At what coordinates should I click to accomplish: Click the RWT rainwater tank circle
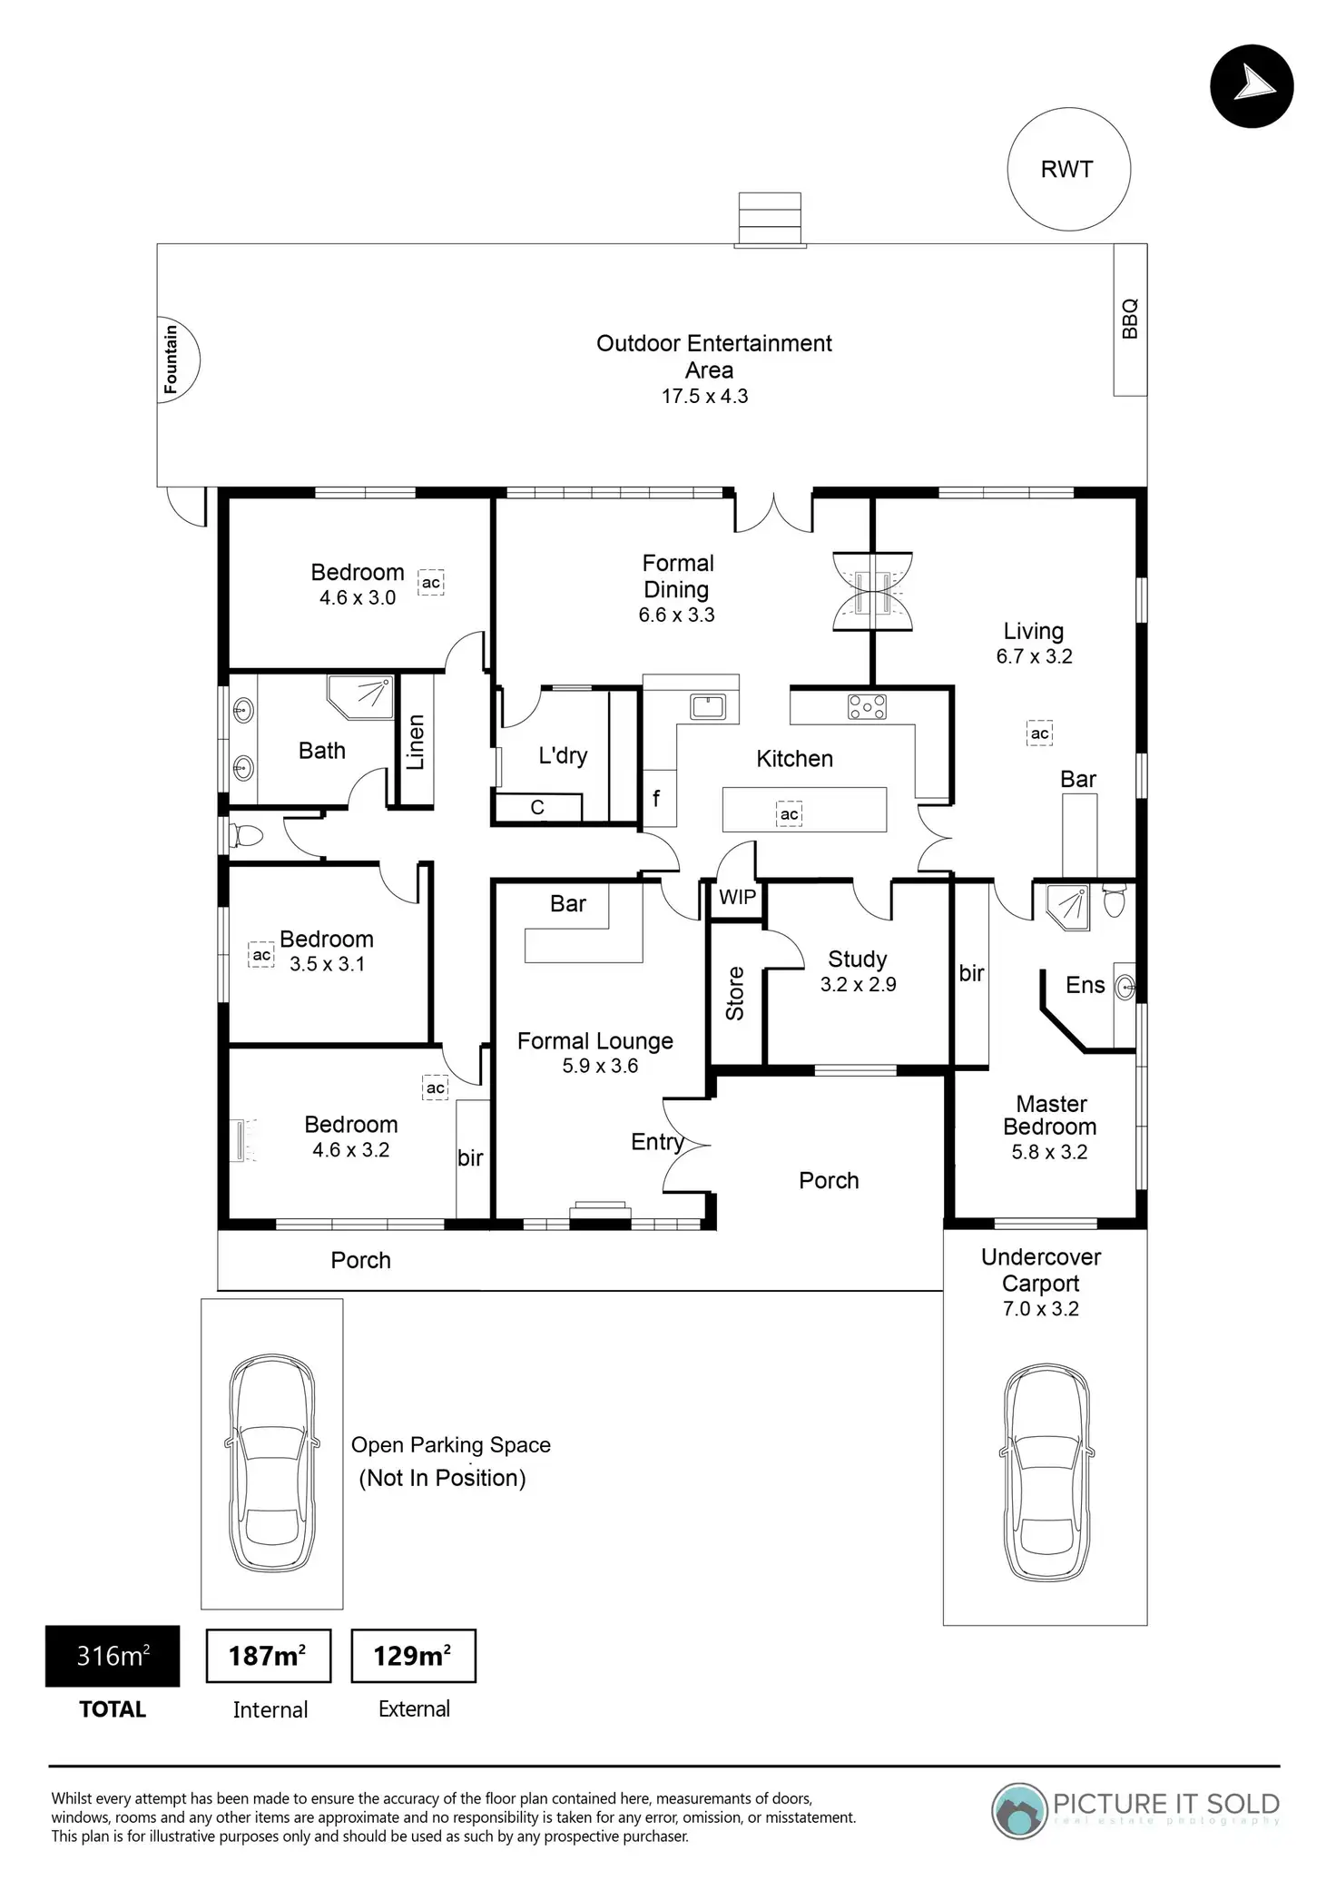[1068, 170]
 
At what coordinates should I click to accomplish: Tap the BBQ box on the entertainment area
[1130, 320]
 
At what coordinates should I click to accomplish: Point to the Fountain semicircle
[176, 359]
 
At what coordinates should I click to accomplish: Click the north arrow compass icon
[1252, 86]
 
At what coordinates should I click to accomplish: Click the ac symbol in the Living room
[1039, 733]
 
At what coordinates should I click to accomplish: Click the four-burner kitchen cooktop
[867, 706]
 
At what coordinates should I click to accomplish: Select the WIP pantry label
[737, 898]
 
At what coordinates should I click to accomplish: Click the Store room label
[735, 993]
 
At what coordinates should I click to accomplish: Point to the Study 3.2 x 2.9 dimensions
[858, 985]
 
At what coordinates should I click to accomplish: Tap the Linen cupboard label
[416, 742]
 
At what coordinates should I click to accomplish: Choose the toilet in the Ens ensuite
[1114, 901]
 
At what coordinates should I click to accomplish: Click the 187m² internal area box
[268, 1657]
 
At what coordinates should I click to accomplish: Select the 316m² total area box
[113, 1657]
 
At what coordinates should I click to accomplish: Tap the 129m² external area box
[413, 1657]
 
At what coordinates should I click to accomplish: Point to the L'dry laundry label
[563, 755]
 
